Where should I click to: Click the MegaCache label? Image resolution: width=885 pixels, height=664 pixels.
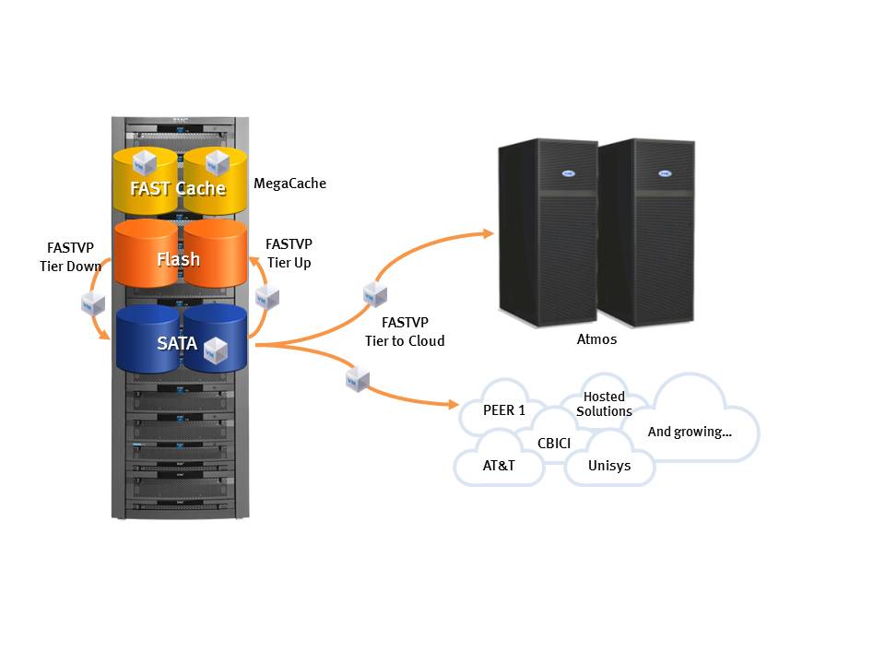coord(289,184)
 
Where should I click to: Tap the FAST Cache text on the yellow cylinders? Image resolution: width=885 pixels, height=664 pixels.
coord(178,188)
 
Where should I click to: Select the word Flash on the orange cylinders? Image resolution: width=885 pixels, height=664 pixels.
coord(178,259)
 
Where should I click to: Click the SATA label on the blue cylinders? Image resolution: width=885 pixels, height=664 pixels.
coord(177,343)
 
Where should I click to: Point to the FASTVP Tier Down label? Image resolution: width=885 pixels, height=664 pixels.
coord(71,257)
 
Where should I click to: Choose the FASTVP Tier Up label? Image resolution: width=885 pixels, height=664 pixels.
coord(289,254)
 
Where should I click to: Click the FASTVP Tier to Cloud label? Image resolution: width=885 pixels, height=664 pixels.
coord(405,331)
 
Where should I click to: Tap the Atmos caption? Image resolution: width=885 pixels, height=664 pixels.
coord(596,339)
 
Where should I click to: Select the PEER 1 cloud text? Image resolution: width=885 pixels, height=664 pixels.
coord(504,409)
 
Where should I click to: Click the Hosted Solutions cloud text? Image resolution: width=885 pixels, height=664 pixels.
coord(604,404)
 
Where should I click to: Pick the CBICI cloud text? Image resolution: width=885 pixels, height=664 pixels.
coord(554,444)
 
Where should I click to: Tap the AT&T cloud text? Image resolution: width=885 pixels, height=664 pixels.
coord(499,465)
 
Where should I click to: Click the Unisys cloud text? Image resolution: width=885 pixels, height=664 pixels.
coord(609,465)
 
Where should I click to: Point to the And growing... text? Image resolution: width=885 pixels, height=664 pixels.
coord(690,432)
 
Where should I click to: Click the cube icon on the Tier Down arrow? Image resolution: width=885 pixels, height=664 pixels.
coord(93,303)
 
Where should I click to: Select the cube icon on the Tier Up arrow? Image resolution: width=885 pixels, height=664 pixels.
coord(267,298)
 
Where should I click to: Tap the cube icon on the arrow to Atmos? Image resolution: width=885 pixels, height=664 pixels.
coord(375,294)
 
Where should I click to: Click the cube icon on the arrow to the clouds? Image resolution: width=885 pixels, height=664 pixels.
coord(358,379)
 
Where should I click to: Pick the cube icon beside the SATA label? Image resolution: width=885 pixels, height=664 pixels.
coord(215,350)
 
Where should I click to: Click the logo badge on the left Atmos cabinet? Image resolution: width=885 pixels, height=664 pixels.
coord(569,173)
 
